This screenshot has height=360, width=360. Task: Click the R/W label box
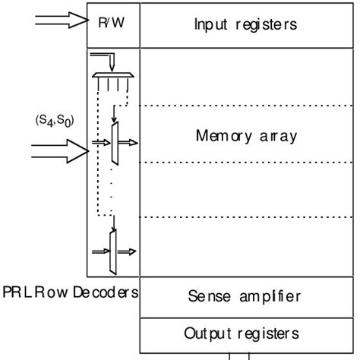tap(112, 22)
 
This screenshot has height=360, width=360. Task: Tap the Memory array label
tap(246, 137)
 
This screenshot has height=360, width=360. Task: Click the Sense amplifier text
tap(246, 296)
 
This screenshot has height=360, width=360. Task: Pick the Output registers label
tap(246, 333)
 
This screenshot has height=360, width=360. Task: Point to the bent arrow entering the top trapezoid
tap(105, 59)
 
